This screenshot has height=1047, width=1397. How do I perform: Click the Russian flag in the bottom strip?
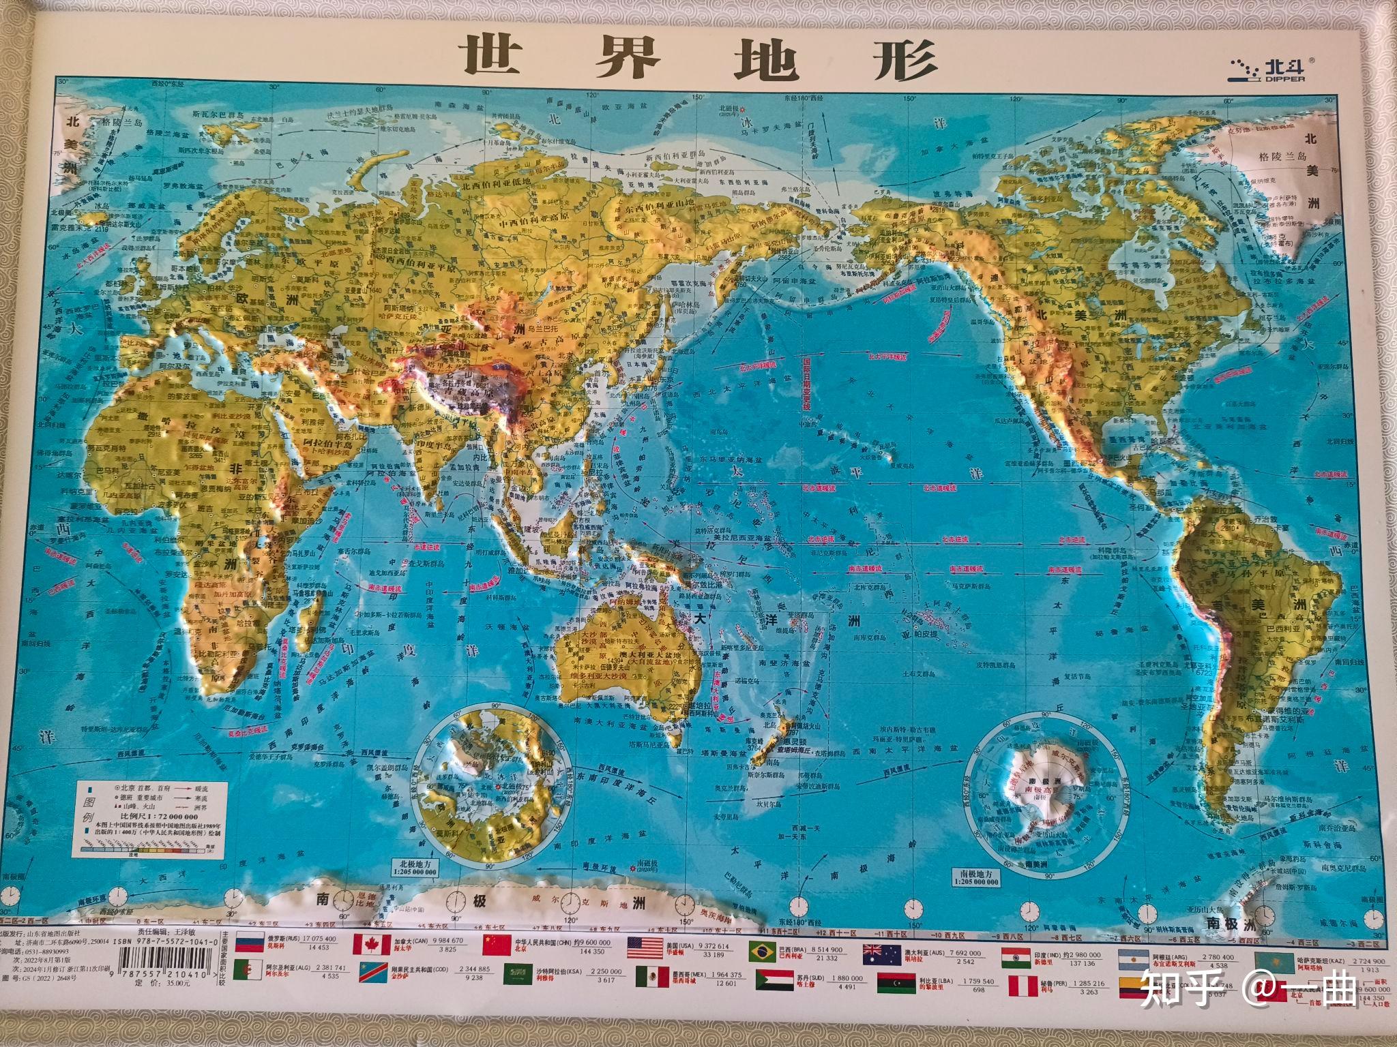248,944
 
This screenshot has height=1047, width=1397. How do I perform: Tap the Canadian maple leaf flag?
370,945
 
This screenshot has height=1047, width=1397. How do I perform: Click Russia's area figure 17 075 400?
318,939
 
